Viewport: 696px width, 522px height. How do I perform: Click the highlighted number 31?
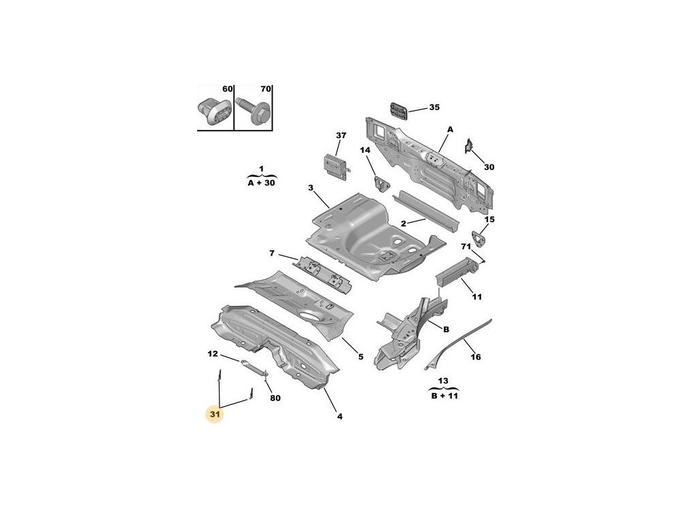click(x=215, y=413)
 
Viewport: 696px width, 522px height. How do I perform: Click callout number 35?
click(x=434, y=107)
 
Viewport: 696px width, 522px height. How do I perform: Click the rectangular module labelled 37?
click(x=336, y=164)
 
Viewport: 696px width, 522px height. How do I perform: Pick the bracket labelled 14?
click(x=379, y=182)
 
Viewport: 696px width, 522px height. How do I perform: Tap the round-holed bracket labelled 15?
click(x=481, y=239)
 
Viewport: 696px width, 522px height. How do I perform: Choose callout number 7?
click(x=272, y=254)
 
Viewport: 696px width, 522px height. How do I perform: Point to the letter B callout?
click(x=447, y=330)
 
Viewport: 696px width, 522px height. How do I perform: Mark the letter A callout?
click(x=450, y=129)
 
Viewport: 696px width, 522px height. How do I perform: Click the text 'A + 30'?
click(x=261, y=182)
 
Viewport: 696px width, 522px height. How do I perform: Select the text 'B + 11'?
click(x=444, y=396)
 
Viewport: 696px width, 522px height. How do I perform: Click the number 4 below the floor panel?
click(x=338, y=416)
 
